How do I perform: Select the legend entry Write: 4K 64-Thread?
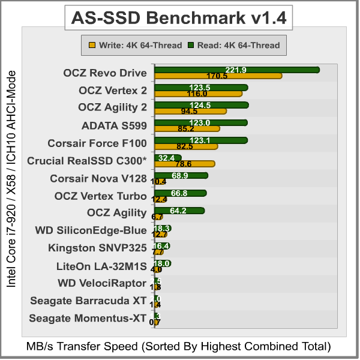click(135, 44)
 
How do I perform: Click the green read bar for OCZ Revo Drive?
click(236, 70)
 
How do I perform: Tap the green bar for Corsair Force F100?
click(200, 140)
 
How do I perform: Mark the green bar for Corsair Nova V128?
click(181, 175)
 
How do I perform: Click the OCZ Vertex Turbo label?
click(100, 196)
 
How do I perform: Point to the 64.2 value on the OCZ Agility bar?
click(180, 211)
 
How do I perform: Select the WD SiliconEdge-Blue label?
click(91, 230)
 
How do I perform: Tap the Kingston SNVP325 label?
click(97, 248)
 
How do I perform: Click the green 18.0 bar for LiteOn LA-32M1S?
click(163, 263)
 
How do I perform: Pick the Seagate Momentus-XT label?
click(88, 318)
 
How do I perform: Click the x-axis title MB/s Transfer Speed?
click(179, 346)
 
